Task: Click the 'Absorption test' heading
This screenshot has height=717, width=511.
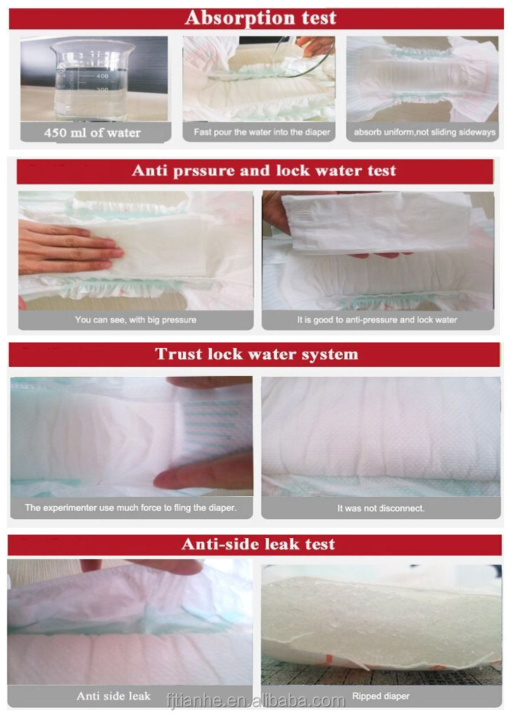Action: pos(260,18)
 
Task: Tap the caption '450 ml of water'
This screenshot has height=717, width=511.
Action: pos(92,132)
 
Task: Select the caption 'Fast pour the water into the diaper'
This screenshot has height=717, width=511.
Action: pos(262,131)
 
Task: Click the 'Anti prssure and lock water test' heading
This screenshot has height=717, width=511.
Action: pos(263,171)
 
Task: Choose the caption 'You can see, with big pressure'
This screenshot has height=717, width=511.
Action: pos(135,320)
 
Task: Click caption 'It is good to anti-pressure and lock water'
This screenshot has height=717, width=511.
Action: pos(377,320)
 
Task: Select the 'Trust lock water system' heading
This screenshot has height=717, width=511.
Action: pos(256,354)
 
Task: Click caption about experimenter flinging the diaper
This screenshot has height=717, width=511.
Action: pos(131,507)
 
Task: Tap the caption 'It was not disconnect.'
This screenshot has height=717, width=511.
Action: pos(380,508)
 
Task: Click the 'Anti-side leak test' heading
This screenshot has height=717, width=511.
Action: pos(258,544)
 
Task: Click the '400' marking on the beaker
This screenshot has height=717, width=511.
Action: pos(103,75)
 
